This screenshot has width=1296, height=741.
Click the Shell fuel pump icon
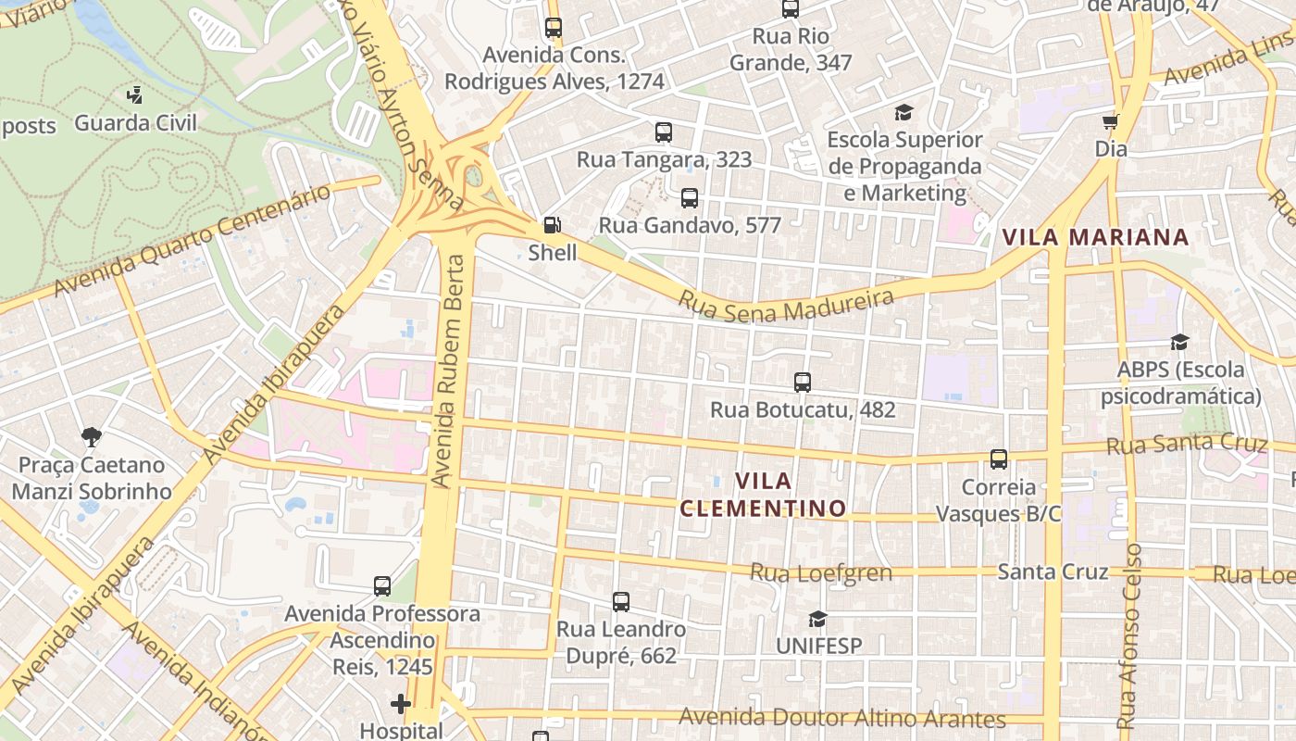[552, 225]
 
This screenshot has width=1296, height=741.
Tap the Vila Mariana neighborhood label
[1095, 237]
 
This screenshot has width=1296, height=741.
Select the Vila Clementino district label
[764, 495]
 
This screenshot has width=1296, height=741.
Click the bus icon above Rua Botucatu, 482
[803, 382]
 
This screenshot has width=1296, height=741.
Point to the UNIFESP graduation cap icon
[817, 619]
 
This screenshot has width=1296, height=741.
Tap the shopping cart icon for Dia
[1111, 121]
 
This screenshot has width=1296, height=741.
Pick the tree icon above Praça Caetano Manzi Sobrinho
[91, 436]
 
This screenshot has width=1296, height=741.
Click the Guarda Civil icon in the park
[135, 94]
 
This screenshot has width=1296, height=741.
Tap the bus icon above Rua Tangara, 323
[664, 132]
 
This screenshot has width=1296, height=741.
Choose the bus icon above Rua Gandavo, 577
[690, 197]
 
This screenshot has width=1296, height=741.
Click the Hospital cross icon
[401, 705]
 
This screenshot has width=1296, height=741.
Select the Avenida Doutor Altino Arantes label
[842, 719]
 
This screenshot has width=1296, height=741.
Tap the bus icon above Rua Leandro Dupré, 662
[621, 602]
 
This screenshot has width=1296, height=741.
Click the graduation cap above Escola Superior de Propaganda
[903, 113]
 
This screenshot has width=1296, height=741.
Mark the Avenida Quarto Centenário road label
[192, 242]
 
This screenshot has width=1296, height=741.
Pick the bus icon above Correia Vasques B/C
[999, 458]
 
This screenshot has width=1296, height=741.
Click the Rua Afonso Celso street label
[1130, 636]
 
